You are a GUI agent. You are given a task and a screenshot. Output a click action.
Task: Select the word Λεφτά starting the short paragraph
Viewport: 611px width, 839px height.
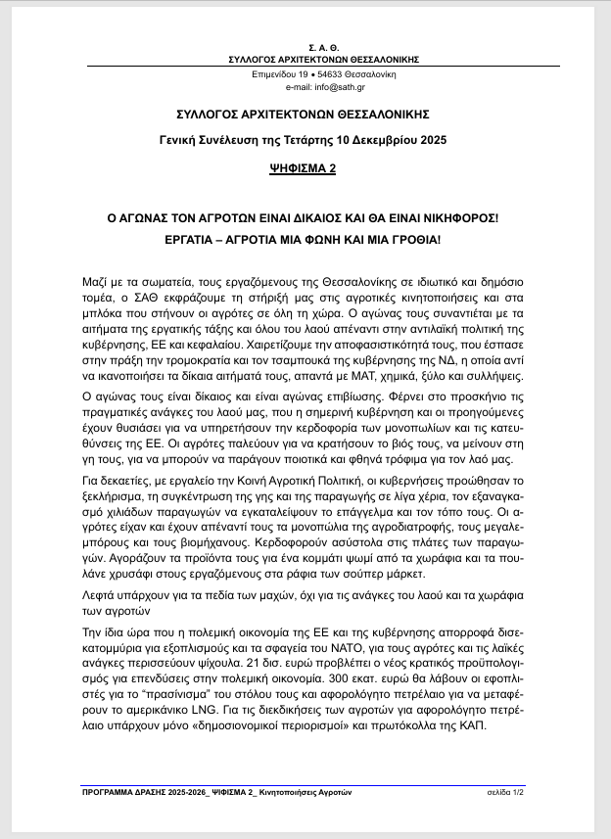tap(99, 595)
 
